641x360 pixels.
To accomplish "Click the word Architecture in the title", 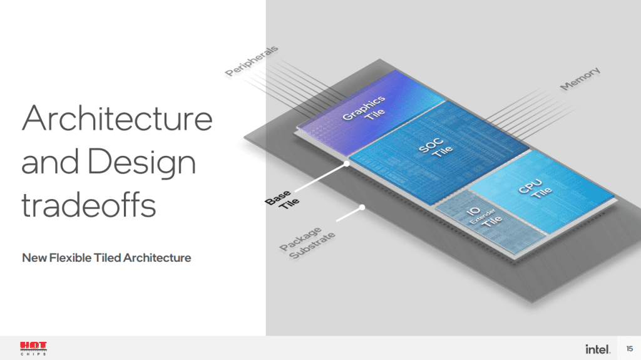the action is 117,118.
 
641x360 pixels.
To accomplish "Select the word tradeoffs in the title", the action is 89,205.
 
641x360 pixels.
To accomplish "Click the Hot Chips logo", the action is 34,349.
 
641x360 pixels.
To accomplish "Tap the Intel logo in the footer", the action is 598,349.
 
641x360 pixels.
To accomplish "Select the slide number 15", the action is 630,349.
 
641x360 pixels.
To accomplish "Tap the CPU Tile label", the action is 535,188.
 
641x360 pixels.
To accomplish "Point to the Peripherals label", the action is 252,61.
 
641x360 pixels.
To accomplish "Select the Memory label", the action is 580,78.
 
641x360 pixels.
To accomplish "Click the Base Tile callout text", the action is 282,200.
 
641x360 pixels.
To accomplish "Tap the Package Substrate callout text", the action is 307,243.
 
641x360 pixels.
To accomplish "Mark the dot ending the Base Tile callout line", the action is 347,163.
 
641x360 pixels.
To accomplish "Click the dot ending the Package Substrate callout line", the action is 362,207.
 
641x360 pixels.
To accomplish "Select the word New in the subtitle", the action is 34,258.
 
